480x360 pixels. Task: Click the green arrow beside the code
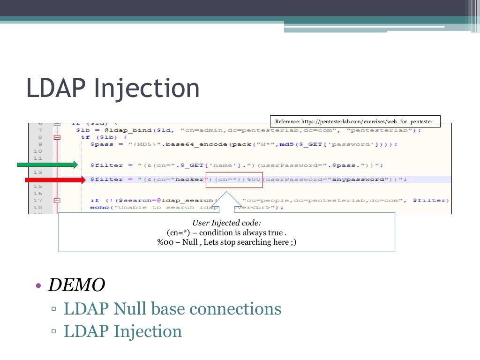tap(47, 164)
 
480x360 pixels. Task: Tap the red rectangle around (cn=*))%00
tap(234, 180)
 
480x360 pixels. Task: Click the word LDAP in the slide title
tap(54, 88)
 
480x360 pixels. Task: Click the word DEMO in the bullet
tap(76, 284)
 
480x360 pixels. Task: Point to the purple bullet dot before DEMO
tap(39, 285)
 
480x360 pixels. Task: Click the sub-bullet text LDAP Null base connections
tap(172, 309)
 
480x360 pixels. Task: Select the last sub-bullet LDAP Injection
tap(122, 331)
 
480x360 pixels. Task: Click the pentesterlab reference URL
tap(354, 121)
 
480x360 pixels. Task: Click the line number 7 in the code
tap(40, 130)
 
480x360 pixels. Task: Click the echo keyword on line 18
tap(99, 207)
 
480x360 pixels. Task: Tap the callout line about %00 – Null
tap(226, 242)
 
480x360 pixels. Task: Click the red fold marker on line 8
tap(57, 137)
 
